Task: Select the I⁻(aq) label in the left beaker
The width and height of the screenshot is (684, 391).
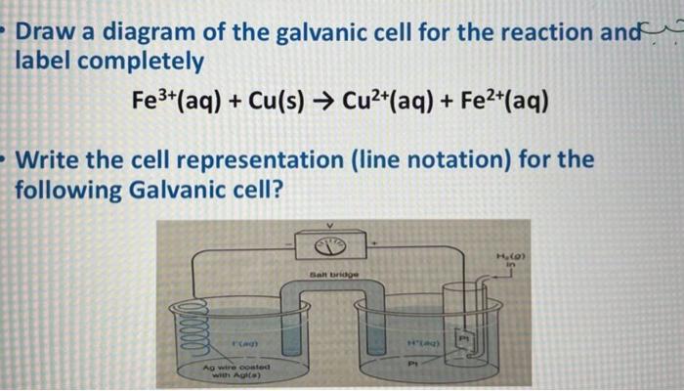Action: point(238,345)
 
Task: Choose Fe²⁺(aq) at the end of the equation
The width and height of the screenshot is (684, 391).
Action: point(506,101)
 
